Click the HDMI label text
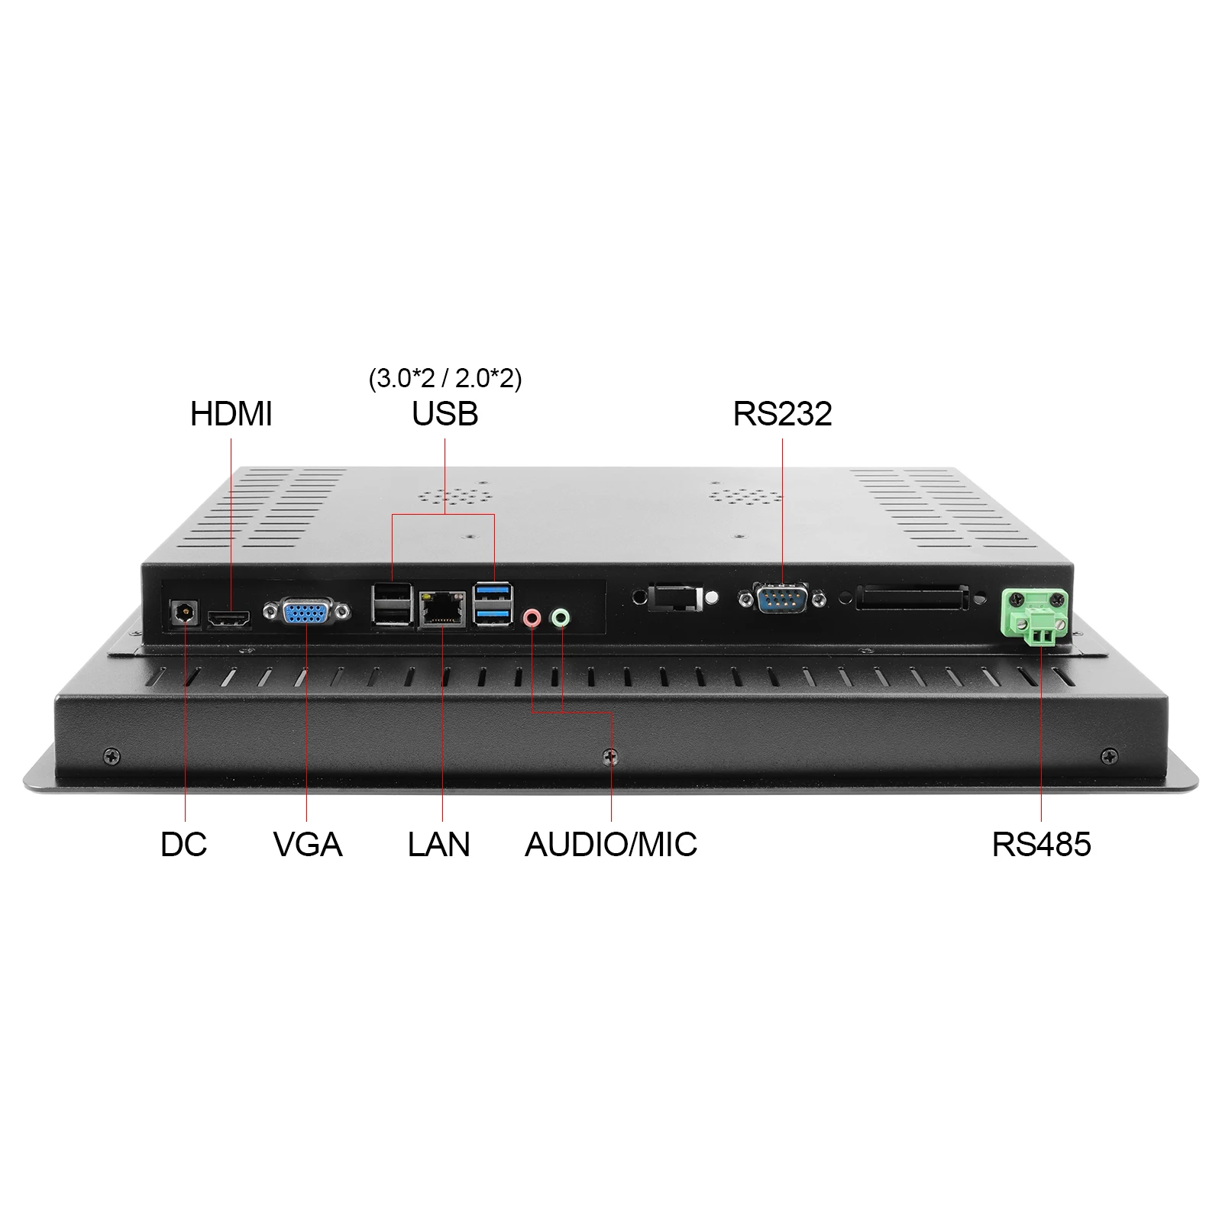click(x=231, y=414)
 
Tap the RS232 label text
click(x=782, y=414)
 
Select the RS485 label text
click(x=1041, y=845)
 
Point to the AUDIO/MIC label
click(x=611, y=845)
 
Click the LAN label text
click(x=438, y=845)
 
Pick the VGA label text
click(x=307, y=845)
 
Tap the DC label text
click(x=183, y=845)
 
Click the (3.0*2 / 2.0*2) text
click(x=445, y=378)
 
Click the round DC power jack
click(x=183, y=611)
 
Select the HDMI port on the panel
click(x=230, y=619)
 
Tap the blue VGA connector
click(x=306, y=611)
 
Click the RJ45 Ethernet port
click(x=442, y=609)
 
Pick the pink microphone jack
click(x=532, y=617)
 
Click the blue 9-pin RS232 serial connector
click(x=782, y=597)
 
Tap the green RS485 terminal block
click(x=1035, y=617)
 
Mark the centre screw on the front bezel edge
click(x=610, y=756)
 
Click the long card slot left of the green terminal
click(x=913, y=597)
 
